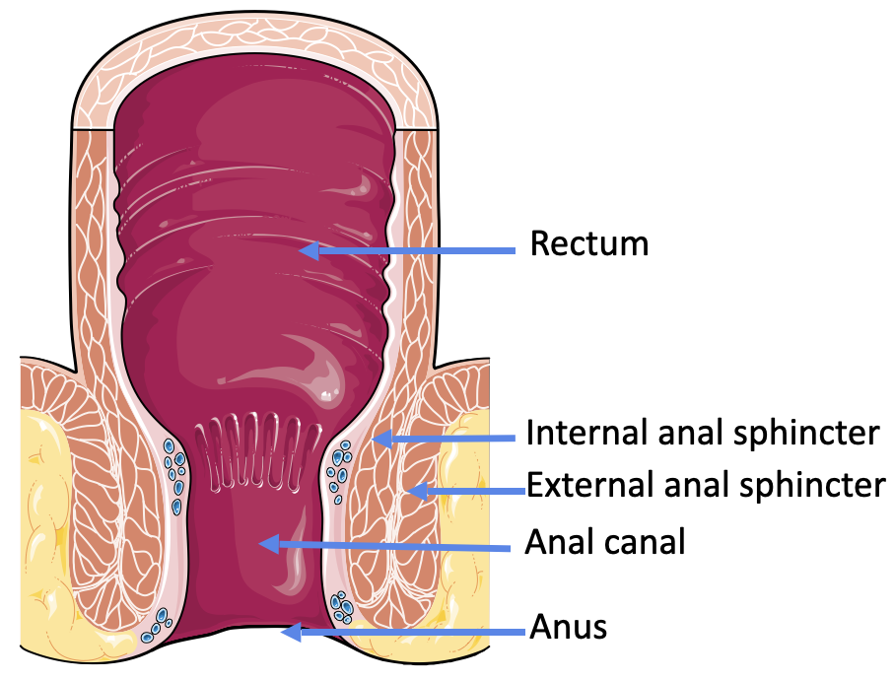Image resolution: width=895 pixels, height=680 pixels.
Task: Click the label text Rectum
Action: [589, 243]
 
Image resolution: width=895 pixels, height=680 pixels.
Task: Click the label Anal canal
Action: [604, 541]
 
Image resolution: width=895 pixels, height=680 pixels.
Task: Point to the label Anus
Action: [568, 626]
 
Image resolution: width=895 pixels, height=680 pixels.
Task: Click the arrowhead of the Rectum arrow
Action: [309, 250]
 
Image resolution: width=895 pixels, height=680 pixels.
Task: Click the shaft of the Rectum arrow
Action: [414, 250]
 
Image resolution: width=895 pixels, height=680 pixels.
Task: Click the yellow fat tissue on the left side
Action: [49, 512]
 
